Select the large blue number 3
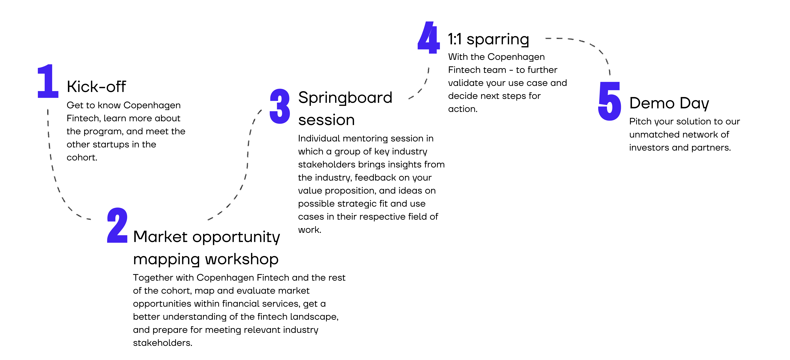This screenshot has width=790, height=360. click(x=280, y=106)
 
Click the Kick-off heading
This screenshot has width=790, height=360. click(x=96, y=87)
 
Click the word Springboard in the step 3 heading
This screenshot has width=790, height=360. click(x=345, y=98)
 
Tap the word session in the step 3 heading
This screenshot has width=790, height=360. click(x=326, y=120)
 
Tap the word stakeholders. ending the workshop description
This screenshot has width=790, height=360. click(x=163, y=343)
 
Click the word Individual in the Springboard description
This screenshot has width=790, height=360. click(x=319, y=139)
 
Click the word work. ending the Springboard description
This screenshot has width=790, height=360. click(x=309, y=230)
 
